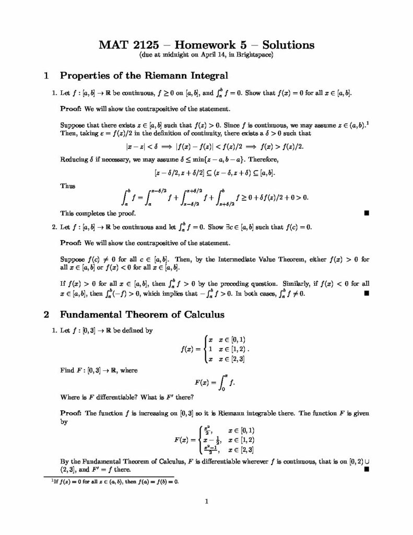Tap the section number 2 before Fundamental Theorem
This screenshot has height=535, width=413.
(46, 315)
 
